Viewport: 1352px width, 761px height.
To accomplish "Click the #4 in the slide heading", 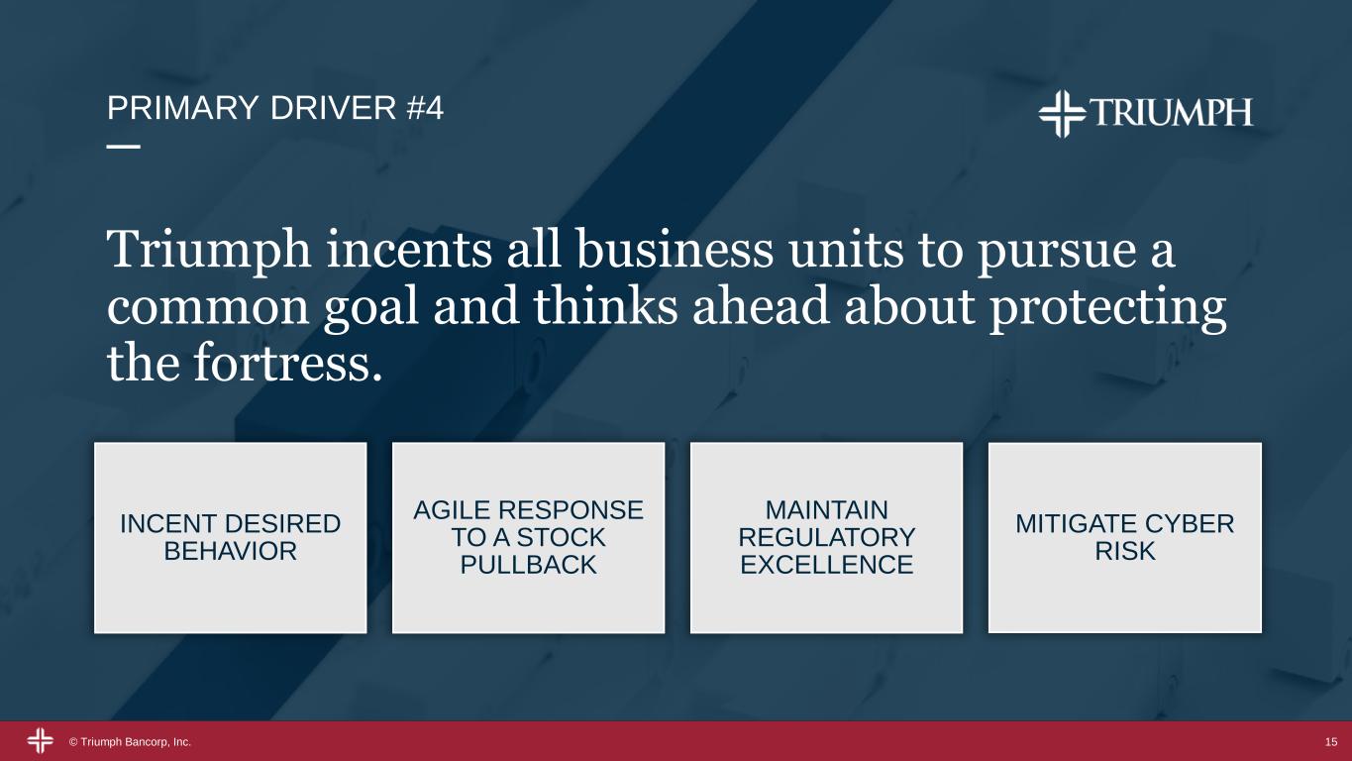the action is pyautogui.click(x=426, y=109).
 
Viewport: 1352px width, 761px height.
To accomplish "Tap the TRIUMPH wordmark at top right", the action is pyautogui.click(x=1172, y=112).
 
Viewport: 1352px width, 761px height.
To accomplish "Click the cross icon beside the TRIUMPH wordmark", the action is pyautogui.click(x=1062, y=114).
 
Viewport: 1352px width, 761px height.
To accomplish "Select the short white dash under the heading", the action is pyautogui.click(x=124, y=147).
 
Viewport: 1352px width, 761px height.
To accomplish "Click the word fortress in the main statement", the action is pyautogui.click(x=288, y=363).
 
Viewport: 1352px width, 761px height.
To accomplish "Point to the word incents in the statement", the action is pyautogui.click(x=409, y=249).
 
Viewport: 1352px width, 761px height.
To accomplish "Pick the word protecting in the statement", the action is pyautogui.click(x=1107, y=308).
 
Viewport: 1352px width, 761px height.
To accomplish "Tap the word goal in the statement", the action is pyautogui.click(x=371, y=308).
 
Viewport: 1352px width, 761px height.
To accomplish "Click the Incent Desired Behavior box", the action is pyautogui.click(x=231, y=537).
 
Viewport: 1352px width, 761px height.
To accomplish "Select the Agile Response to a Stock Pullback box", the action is pyautogui.click(x=529, y=537).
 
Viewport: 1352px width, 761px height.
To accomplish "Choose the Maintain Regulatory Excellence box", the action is pyautogui.click(x=827, y=537).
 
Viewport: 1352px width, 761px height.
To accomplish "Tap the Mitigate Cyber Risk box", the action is pyautogui.click(x=1125, y=537).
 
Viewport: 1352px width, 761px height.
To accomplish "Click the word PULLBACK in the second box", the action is pyautogui.click(x=528, y=565).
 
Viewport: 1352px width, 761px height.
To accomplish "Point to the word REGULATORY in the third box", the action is pyautogui.click(x=827, y=537).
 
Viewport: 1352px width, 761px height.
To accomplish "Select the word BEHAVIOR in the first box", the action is pyautogui.click(x=231, y=551).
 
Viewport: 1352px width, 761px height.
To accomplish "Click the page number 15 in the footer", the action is pyautogui.click(x=1331, y=742).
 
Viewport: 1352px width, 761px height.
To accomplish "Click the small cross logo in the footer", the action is pyautogui.click(x=41, y=741).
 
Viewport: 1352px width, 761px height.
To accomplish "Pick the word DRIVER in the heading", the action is pyautogui.click(x=333, y=109).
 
